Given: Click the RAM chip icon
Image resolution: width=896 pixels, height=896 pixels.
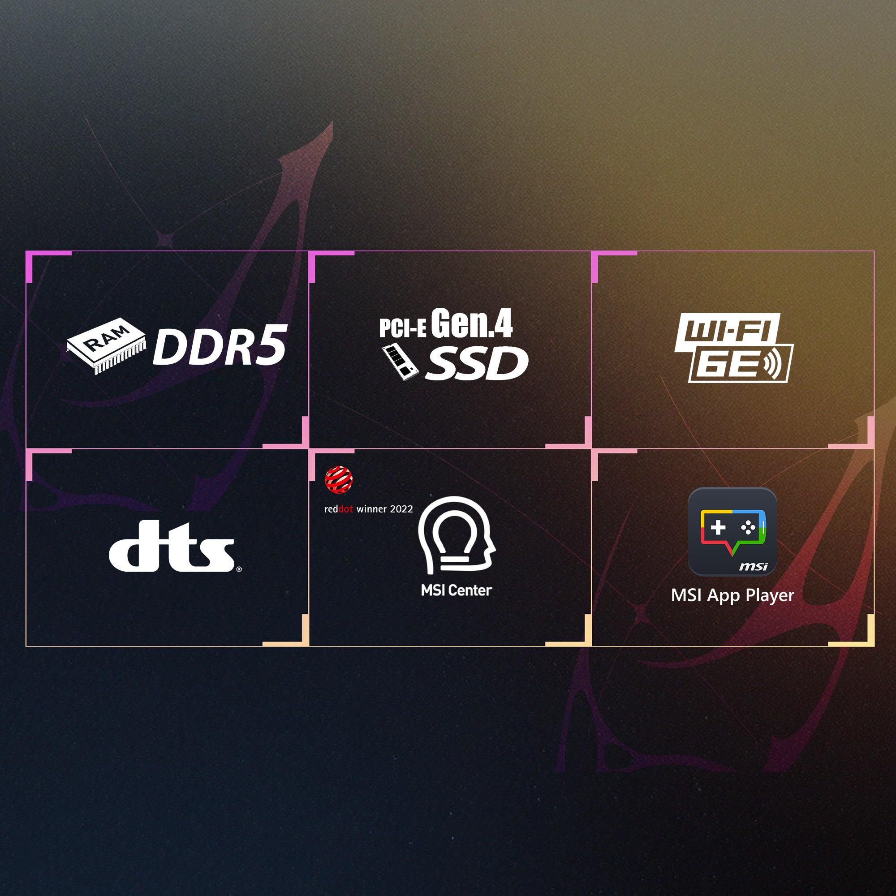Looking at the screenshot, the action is (x=106, y=345).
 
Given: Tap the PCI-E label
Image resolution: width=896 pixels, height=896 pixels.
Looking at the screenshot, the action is (x=402, y=328).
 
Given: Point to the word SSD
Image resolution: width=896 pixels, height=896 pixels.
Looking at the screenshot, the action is (x=477, y=364).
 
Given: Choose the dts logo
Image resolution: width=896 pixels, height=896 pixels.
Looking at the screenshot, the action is (x=172, y=546).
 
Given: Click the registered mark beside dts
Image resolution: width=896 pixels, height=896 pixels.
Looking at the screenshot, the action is (x=239, y=569).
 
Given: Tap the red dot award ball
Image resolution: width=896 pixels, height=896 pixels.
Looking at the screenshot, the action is (x=339, y=480).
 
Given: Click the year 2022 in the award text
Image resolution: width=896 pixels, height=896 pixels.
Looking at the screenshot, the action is (x=401, y=509).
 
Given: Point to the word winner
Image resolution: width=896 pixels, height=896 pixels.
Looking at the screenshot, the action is (x=371, y=509).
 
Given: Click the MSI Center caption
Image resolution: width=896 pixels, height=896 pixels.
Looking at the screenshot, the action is (x=457, y=590).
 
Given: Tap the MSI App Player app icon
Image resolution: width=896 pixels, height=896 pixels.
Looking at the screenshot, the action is (x=732, y=532).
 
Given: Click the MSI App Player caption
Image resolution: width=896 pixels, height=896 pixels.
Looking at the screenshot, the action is (x=732, y=595).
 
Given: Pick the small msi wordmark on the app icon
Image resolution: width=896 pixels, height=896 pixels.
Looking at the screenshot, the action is (x=753, y=566).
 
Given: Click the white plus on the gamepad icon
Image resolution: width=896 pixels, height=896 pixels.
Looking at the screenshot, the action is (x=718, y=527).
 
